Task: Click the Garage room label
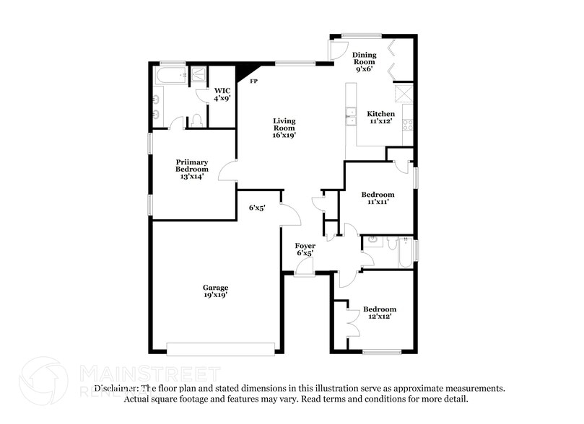coord(215,291)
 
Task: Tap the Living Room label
coord(284,128)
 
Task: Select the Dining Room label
coord(364,62)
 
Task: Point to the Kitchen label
coord(380,118)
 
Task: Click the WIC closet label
coord(221,94)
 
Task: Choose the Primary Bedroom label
coord(191,169)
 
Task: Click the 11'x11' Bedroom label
coord(378,198)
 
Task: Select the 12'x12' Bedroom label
coord(379,313)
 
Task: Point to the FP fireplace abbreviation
coord(253,81)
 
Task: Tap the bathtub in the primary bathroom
coord(173,74)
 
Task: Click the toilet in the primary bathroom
coord(195,120)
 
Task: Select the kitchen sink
coord(351,116)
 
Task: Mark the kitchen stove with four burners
coord(407,124)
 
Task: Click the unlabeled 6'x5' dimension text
coord(258,208)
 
